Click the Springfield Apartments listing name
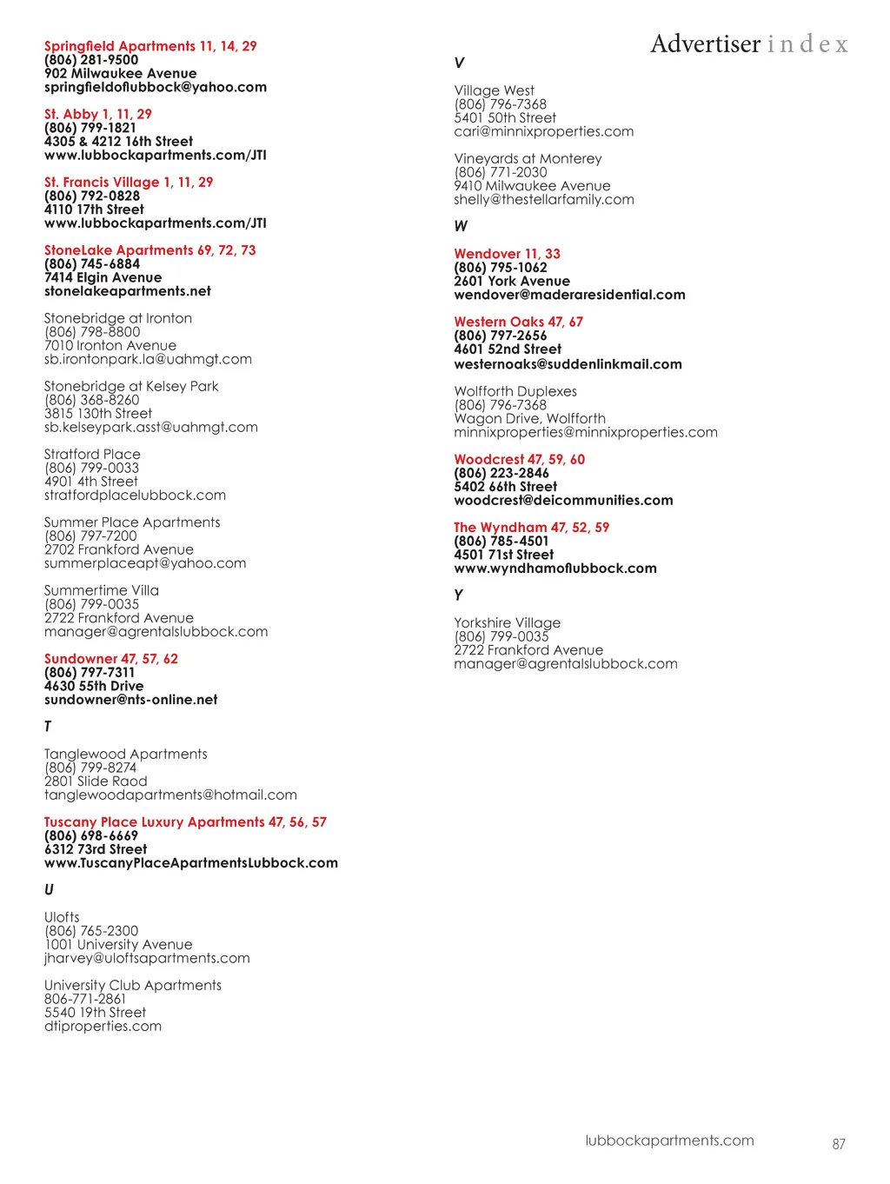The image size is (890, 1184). click(120, 46)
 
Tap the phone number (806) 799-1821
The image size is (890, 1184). click(90, 128)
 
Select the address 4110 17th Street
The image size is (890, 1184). click(94, 210)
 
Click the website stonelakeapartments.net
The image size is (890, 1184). click(128, 291)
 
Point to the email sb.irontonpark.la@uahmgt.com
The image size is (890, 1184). click(148, 359)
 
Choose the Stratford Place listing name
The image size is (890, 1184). click(92, 455)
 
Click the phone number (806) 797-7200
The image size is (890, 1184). click(90, 536)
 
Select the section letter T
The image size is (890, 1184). click(48, 727)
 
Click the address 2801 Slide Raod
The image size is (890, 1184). click(96, 782)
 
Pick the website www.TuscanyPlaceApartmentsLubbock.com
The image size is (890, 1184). click(191, 863)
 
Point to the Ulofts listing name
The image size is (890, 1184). click(62, 917)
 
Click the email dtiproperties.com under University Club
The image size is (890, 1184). click(103, 1027)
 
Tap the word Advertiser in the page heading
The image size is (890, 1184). click(705, 43)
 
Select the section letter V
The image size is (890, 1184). click(459, 63)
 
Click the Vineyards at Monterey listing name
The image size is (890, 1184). click(528, 159)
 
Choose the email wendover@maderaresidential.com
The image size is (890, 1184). click(569, 295)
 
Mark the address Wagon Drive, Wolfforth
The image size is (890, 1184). click(529, 419)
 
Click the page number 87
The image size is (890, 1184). click(839, 1144)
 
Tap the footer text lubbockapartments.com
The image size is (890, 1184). click(669, 1141)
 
